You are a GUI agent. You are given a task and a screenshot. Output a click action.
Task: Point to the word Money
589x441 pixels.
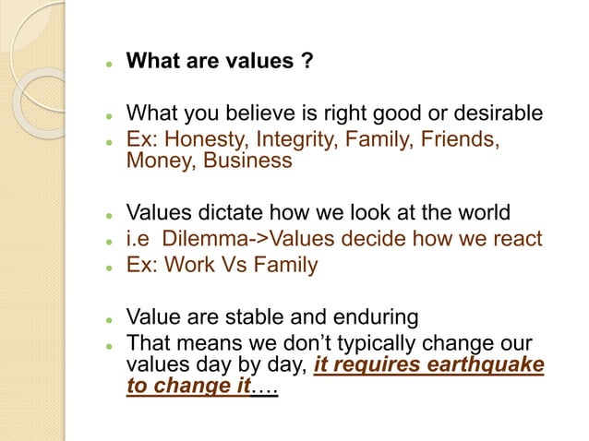[157, 161]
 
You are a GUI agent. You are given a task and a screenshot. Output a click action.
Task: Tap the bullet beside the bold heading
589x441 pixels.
[108, 65]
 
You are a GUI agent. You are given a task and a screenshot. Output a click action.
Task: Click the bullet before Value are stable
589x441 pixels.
[108, 319]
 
